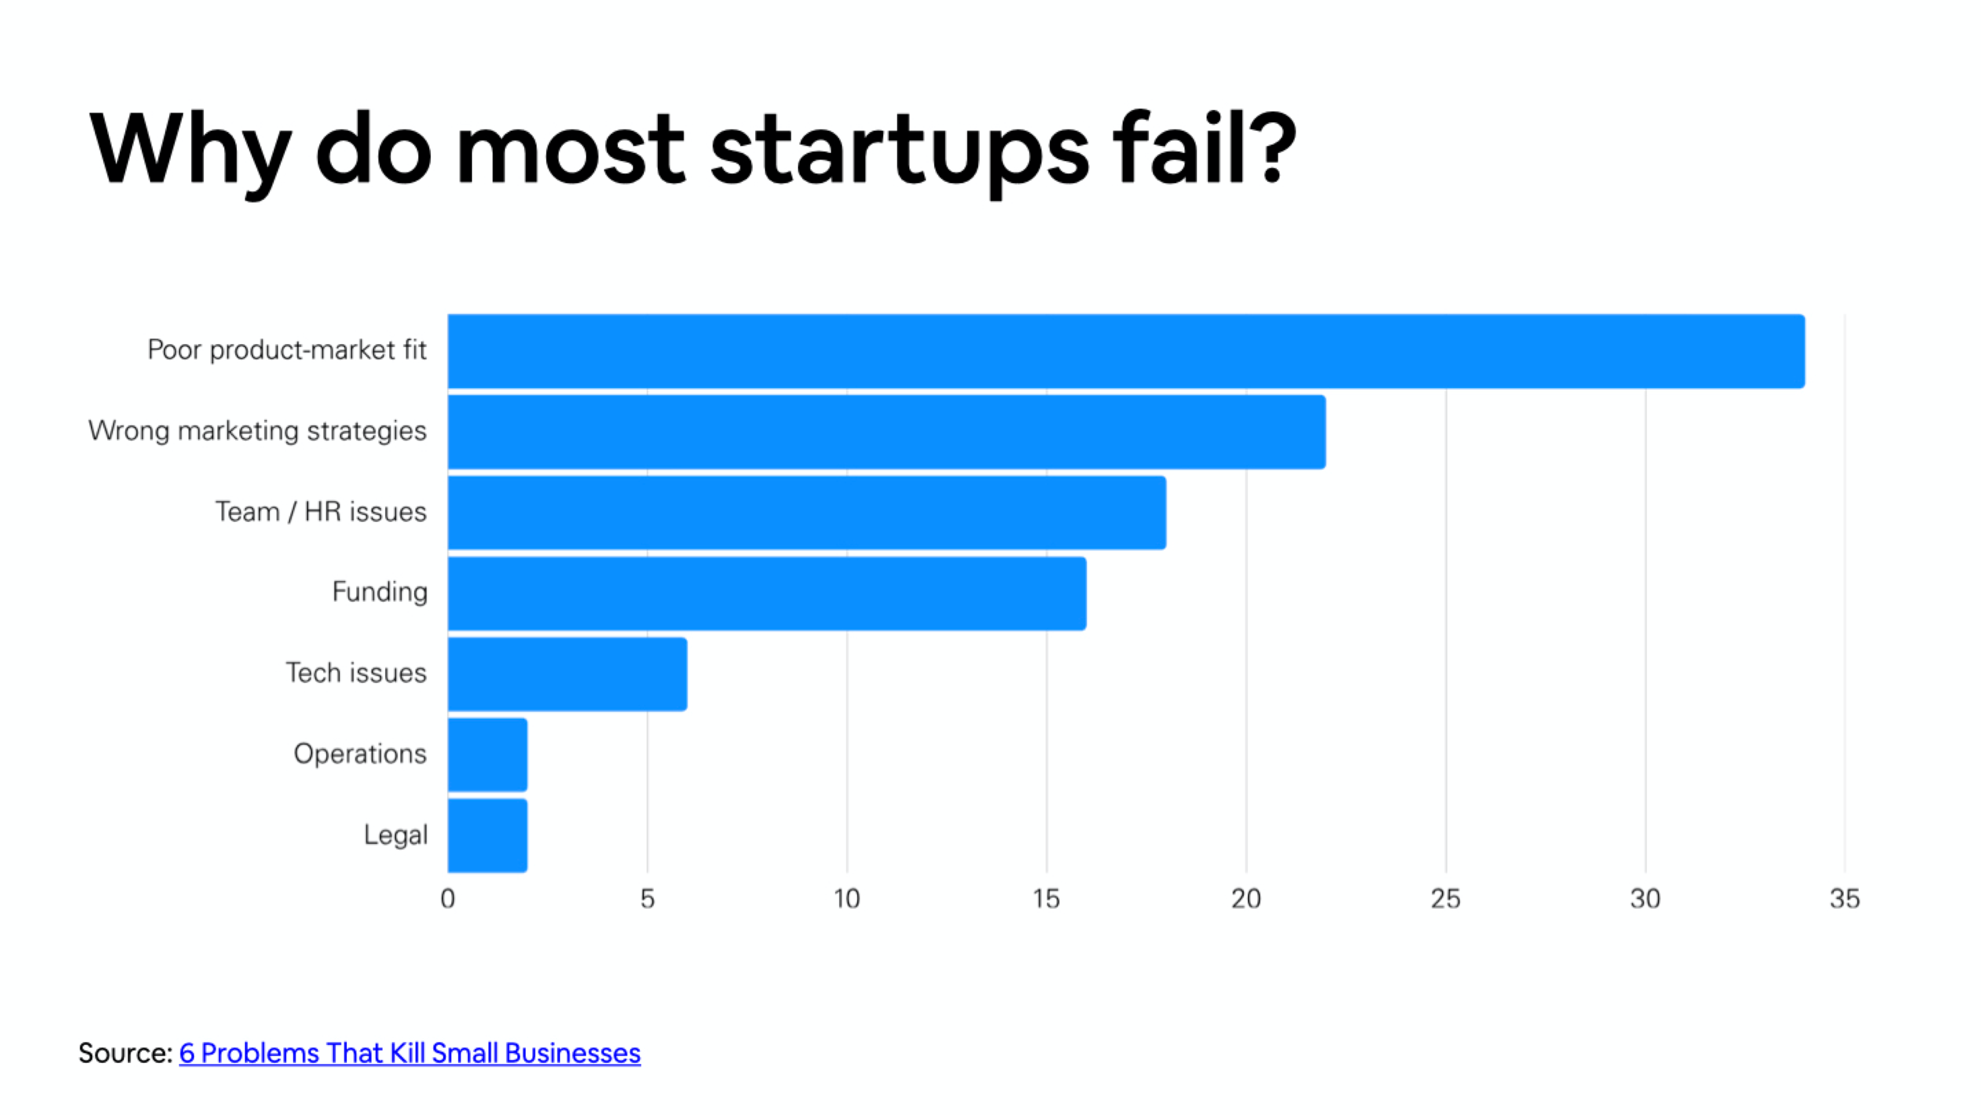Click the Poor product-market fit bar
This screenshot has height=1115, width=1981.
(x=1126, y=351)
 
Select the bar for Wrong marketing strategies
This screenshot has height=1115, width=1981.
(x=887, y=432)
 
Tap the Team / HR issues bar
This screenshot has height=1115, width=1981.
(x=807, y=513)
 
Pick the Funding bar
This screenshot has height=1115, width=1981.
(x=767, y=593)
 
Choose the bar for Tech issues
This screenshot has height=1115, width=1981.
(x=567, y=674)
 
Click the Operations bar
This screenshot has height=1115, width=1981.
(x=488, y=755)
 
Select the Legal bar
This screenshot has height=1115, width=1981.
(x=488, y=836)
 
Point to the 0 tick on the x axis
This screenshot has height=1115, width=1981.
(x=448, y=899)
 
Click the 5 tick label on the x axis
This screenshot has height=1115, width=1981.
(x=647, y=899)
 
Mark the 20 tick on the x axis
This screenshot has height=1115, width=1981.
(x=1246, y=899)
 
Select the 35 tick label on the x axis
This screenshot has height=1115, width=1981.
(x=1844, y=899)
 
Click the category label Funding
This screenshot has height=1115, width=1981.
(x=380, y=592)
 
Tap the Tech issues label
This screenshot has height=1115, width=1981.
(x=356, y=673)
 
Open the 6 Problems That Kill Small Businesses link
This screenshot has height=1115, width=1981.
(x=410, y=1053)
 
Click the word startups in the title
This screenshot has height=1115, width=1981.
(x=899, y=150)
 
